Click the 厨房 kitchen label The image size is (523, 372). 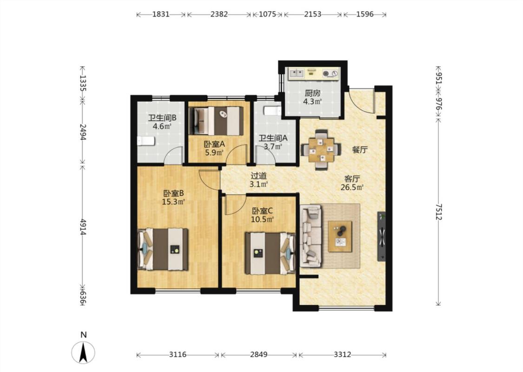click(312, 93)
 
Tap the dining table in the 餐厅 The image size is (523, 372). click(321, 149)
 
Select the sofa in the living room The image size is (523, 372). click(311, 236)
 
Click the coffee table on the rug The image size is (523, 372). click(340, 236)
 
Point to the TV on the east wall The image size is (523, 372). click(381, 236)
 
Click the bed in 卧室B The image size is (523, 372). click(163, 249)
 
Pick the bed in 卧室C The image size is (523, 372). click(270, 253)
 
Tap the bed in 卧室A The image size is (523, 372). click(216, 121)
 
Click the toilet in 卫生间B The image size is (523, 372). click(146, 141)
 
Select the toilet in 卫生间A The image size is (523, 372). click(272, 111)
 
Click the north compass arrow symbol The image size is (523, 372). click(83, 352)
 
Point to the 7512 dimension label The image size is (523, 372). click(438, 212)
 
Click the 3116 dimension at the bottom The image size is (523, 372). click(178, 355)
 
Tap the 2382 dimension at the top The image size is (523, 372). click(219, 14)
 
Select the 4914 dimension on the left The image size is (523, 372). click(83, 227)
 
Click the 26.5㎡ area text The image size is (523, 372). click(352, 187)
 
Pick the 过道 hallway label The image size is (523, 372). click(258, 176)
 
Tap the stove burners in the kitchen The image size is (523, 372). click(330, 73)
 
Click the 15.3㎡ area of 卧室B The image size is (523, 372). click(173, 202)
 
